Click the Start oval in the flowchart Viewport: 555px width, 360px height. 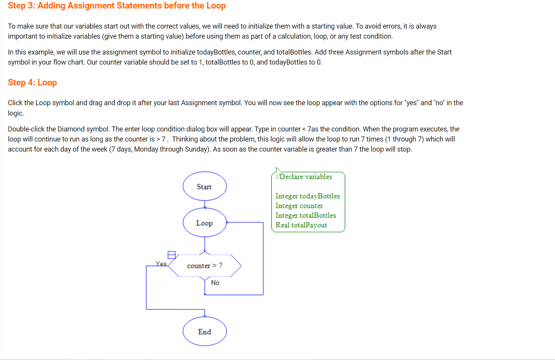[204, 186]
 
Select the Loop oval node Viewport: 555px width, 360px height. [204, 223]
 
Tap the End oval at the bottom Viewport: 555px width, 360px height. [204, 331]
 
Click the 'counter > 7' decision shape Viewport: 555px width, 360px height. [205, 266]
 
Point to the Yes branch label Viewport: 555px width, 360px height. [161, 264]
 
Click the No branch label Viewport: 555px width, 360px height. [215, 283]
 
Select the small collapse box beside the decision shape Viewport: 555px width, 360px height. [171, 255]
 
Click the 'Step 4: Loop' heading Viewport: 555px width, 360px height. [33, 82]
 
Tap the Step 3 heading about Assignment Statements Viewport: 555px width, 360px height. [117, 6]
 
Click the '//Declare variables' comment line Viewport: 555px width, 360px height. [304, 177]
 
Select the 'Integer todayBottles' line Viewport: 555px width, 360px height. [307, 196]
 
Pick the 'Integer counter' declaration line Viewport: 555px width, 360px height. [299, 206]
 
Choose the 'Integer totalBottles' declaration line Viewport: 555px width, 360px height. [305, 215]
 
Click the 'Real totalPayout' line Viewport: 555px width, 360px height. [301, 225]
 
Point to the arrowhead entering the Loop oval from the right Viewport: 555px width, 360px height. [228, 222]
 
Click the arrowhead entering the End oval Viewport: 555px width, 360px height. [205, 316]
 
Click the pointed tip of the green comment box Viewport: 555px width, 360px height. [276, 168]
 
